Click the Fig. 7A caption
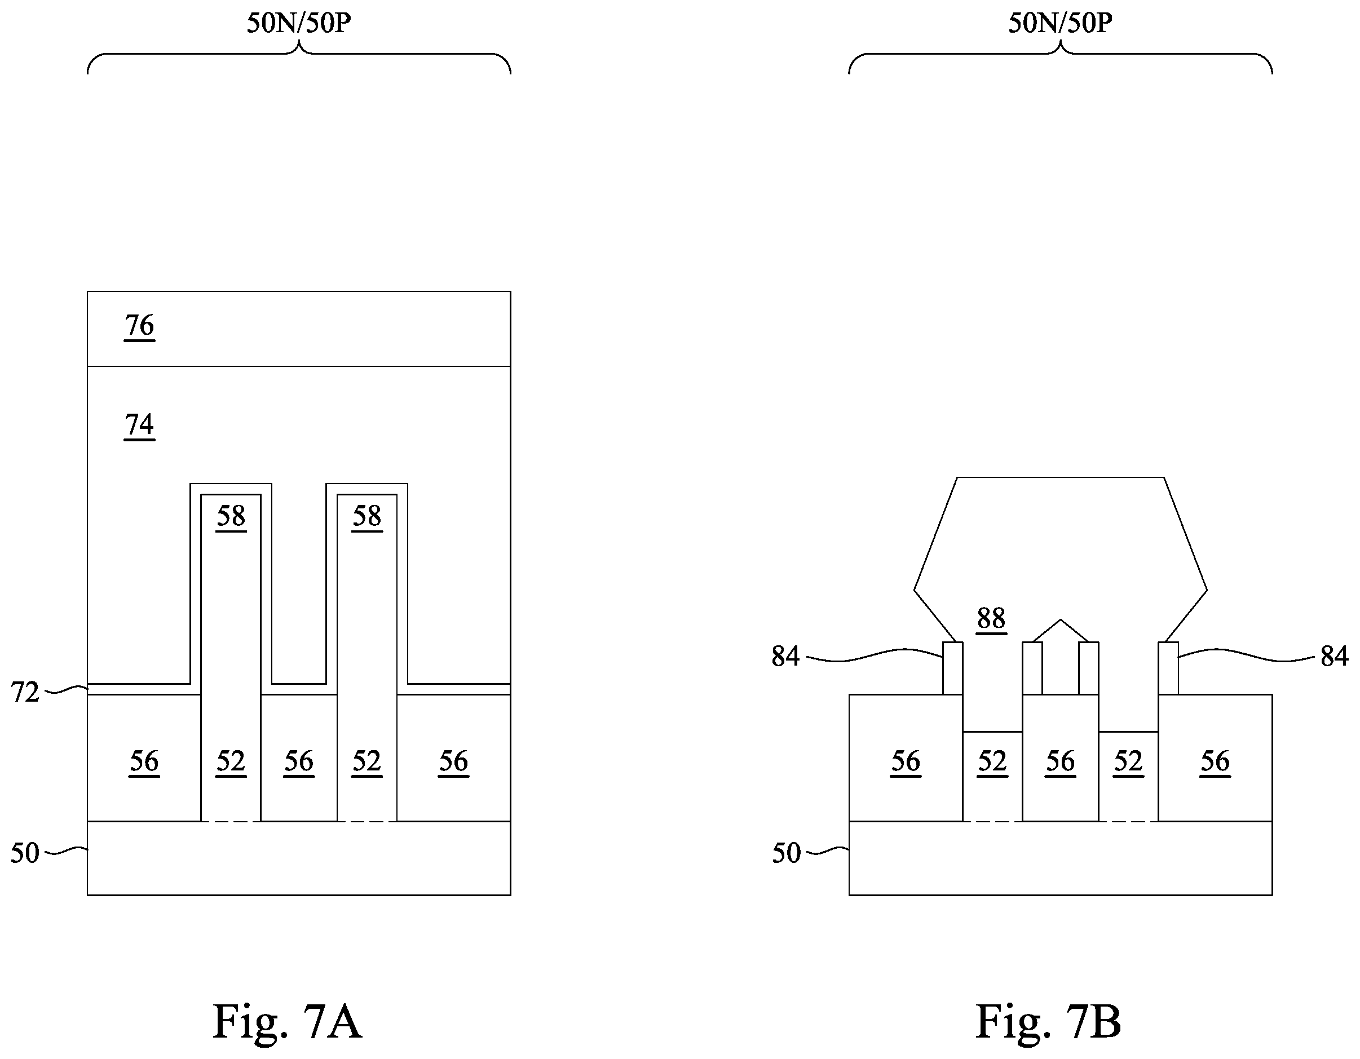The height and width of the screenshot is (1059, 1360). (287, 1022)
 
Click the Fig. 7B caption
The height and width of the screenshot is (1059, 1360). (1048, 1022)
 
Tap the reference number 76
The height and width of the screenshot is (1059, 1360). (139, 325)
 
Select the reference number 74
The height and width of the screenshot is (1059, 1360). (139, 424)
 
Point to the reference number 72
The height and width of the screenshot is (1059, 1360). (25, 692)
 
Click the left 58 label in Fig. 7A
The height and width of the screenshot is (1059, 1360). (231, 516)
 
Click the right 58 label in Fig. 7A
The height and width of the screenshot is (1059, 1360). (367, 516)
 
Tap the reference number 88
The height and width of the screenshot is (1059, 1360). (991, 619)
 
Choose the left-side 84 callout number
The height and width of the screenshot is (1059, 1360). (786, 656)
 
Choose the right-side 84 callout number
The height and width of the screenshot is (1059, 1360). (1334, 656)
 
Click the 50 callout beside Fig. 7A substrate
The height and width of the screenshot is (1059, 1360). (25, 853)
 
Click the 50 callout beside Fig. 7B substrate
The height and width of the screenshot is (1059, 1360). (787, 853)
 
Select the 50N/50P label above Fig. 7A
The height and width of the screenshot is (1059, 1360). (299, 23)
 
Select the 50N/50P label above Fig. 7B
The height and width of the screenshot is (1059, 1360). (1061, 23)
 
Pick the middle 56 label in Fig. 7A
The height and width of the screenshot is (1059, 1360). (299, 761)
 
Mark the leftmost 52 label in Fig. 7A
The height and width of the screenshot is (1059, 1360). (231, 761)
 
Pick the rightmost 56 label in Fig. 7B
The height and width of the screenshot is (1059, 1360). (1215, 761)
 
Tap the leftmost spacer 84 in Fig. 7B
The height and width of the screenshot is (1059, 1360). (953, 668)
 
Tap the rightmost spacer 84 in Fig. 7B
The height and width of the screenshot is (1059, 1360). (1168, 668)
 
